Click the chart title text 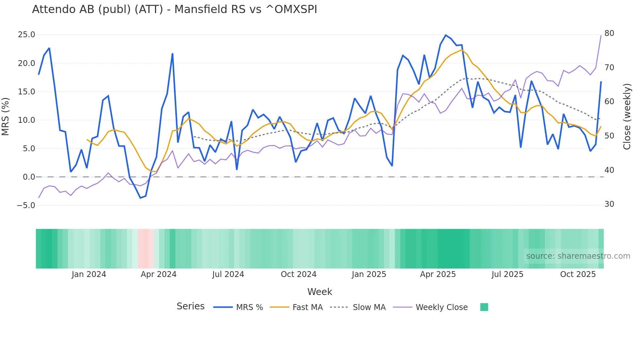point(174,9)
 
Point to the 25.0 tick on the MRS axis point(26,35)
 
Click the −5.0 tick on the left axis point(26,205)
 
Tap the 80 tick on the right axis point(609,33)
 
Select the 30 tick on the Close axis point(609,204)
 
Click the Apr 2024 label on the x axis point(158,274)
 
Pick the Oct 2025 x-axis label point(578,274)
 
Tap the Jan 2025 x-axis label point(369,274)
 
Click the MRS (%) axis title point(6,116)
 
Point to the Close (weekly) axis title point(627,116)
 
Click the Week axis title point(319,292)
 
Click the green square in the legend point(484,307)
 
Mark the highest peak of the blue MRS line point(446,35)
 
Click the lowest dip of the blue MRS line point(140,198)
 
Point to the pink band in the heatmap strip point(145,249)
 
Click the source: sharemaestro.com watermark point(578,256)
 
